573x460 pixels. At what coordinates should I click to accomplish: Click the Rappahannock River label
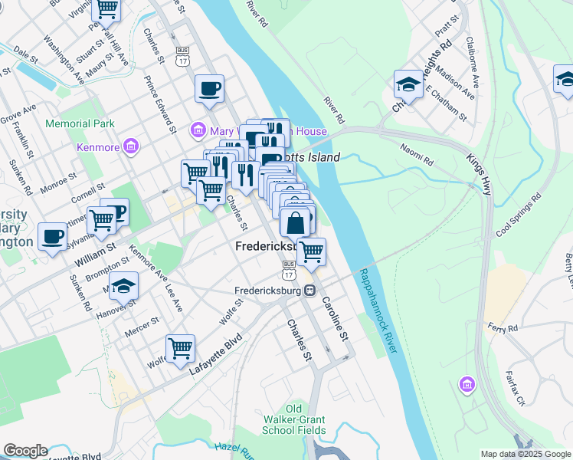click(x=380, y=310)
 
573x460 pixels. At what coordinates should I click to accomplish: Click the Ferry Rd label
click(x=503, y=327)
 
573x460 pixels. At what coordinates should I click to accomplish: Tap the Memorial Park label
click(x=80, y=123)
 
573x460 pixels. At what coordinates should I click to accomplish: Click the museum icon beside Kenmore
click(x=130, y=145)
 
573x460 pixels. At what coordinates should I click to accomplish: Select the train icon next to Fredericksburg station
click(x=309, y=291)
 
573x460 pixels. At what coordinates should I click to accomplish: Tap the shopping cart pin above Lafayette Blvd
click(x=181, y=347)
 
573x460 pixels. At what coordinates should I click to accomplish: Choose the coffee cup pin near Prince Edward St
click(x=209, y=87)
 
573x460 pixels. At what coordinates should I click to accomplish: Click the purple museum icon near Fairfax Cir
click(x=466, y=383)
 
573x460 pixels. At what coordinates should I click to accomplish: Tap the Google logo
click(x=25, y=451)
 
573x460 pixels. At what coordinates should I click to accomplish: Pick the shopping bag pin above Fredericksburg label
click(x=295, y=223)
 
